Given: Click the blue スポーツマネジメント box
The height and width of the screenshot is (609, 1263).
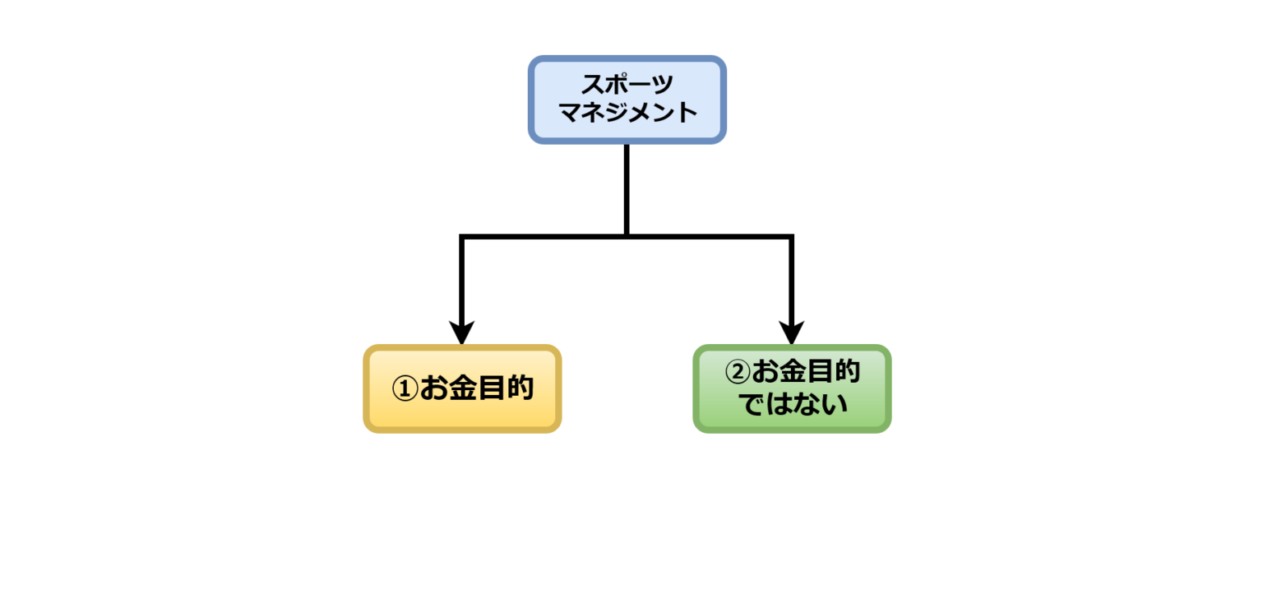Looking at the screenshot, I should tap(627, 100).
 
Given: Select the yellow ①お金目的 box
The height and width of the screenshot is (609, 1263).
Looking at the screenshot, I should tap(462, 388).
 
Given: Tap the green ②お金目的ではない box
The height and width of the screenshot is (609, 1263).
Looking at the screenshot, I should tap(792, 388).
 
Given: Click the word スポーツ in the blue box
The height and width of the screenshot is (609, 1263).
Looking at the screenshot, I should tap(627, 85).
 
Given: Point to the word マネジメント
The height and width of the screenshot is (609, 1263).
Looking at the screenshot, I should tap(627, 113).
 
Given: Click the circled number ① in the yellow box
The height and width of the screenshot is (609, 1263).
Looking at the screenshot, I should tap(405, 388).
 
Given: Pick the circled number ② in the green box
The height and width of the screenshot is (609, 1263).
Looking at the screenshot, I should tap(738, 372).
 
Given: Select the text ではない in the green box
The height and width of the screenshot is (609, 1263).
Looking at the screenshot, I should tap(793, 405).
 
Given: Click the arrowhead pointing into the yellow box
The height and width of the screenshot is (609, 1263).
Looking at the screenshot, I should tap(462, 333).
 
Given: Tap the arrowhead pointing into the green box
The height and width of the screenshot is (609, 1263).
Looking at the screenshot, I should tap(792, 333).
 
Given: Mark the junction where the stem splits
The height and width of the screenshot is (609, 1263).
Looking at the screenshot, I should tap(627, 237).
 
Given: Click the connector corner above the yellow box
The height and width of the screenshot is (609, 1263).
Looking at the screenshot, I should tap(462, 237).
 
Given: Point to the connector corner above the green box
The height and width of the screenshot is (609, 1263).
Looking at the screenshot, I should tap(792, 237).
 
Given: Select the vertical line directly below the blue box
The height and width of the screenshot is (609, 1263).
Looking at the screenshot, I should tap(627, 189).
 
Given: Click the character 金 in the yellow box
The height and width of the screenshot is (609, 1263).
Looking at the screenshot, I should tap(462, 388).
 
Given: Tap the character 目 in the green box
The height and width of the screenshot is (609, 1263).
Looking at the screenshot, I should tap(819, 372).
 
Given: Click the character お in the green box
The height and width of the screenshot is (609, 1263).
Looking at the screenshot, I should tap(765, 372).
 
